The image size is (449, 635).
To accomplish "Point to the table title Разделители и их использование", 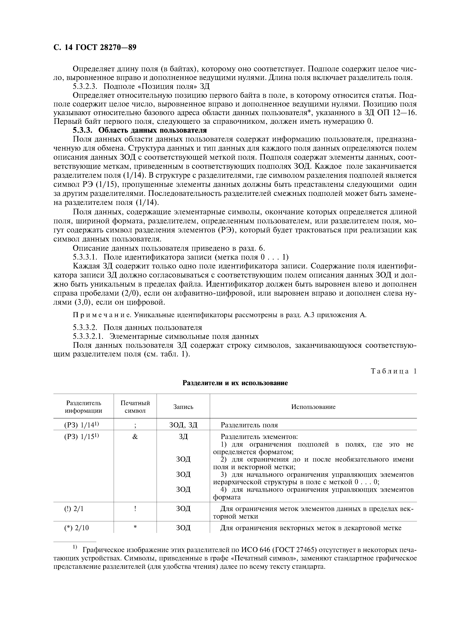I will (x=235, y=383).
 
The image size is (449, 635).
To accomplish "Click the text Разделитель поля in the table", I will (x=249, y=425).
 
